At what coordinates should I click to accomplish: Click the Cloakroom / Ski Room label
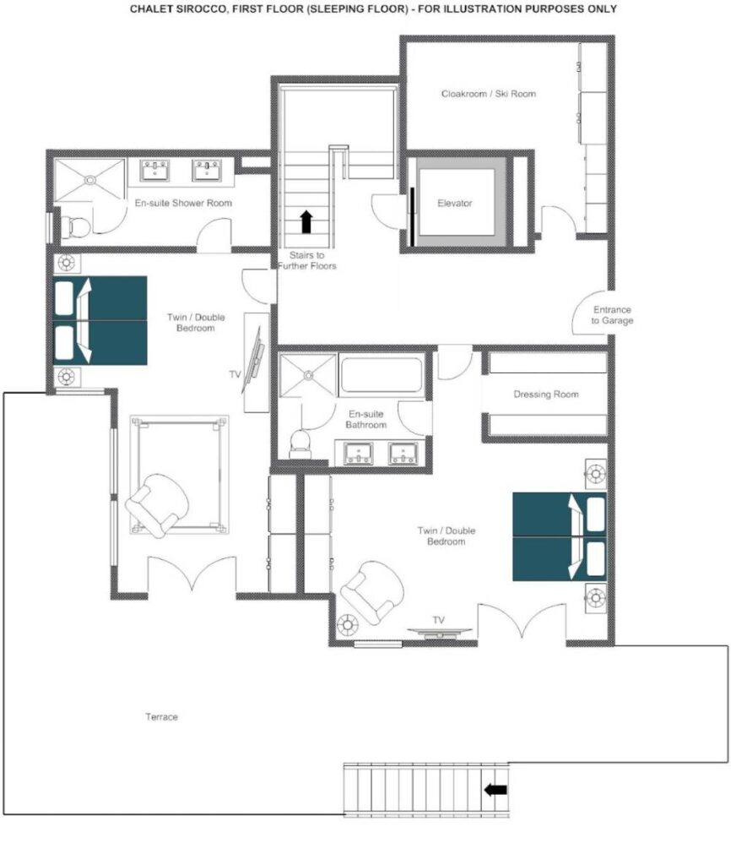point(489,94)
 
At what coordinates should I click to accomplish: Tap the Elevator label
point(455,203)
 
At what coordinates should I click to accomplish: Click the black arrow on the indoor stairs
point(306,221)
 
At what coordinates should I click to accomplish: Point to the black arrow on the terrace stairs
point(495,790)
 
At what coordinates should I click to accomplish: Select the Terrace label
point(161,716)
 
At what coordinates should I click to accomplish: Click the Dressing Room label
point(546,394)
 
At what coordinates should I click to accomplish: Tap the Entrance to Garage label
point(612,315)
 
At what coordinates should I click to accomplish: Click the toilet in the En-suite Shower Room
point(75,226)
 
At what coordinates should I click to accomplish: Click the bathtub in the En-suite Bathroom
point(382,375)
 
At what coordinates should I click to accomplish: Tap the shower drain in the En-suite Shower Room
point(89,180)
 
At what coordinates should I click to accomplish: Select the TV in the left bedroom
point(255,360)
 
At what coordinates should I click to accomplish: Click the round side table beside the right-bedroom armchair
point(347,625)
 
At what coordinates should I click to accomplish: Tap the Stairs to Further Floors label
point(306,260)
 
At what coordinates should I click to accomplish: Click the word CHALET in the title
point(147,8)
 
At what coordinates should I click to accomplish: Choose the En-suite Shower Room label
point(183,203)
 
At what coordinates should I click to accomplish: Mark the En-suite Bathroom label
point(366,419)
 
